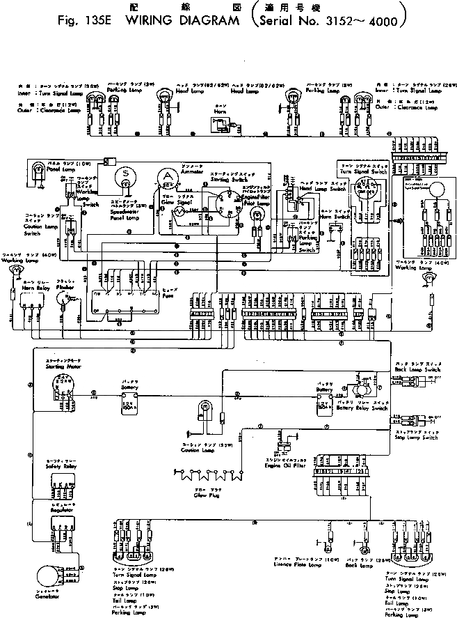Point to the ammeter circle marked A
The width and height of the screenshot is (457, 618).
(167, 176)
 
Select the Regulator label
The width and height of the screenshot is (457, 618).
(43, 510)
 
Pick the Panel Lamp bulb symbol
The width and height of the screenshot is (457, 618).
(35, 169)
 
